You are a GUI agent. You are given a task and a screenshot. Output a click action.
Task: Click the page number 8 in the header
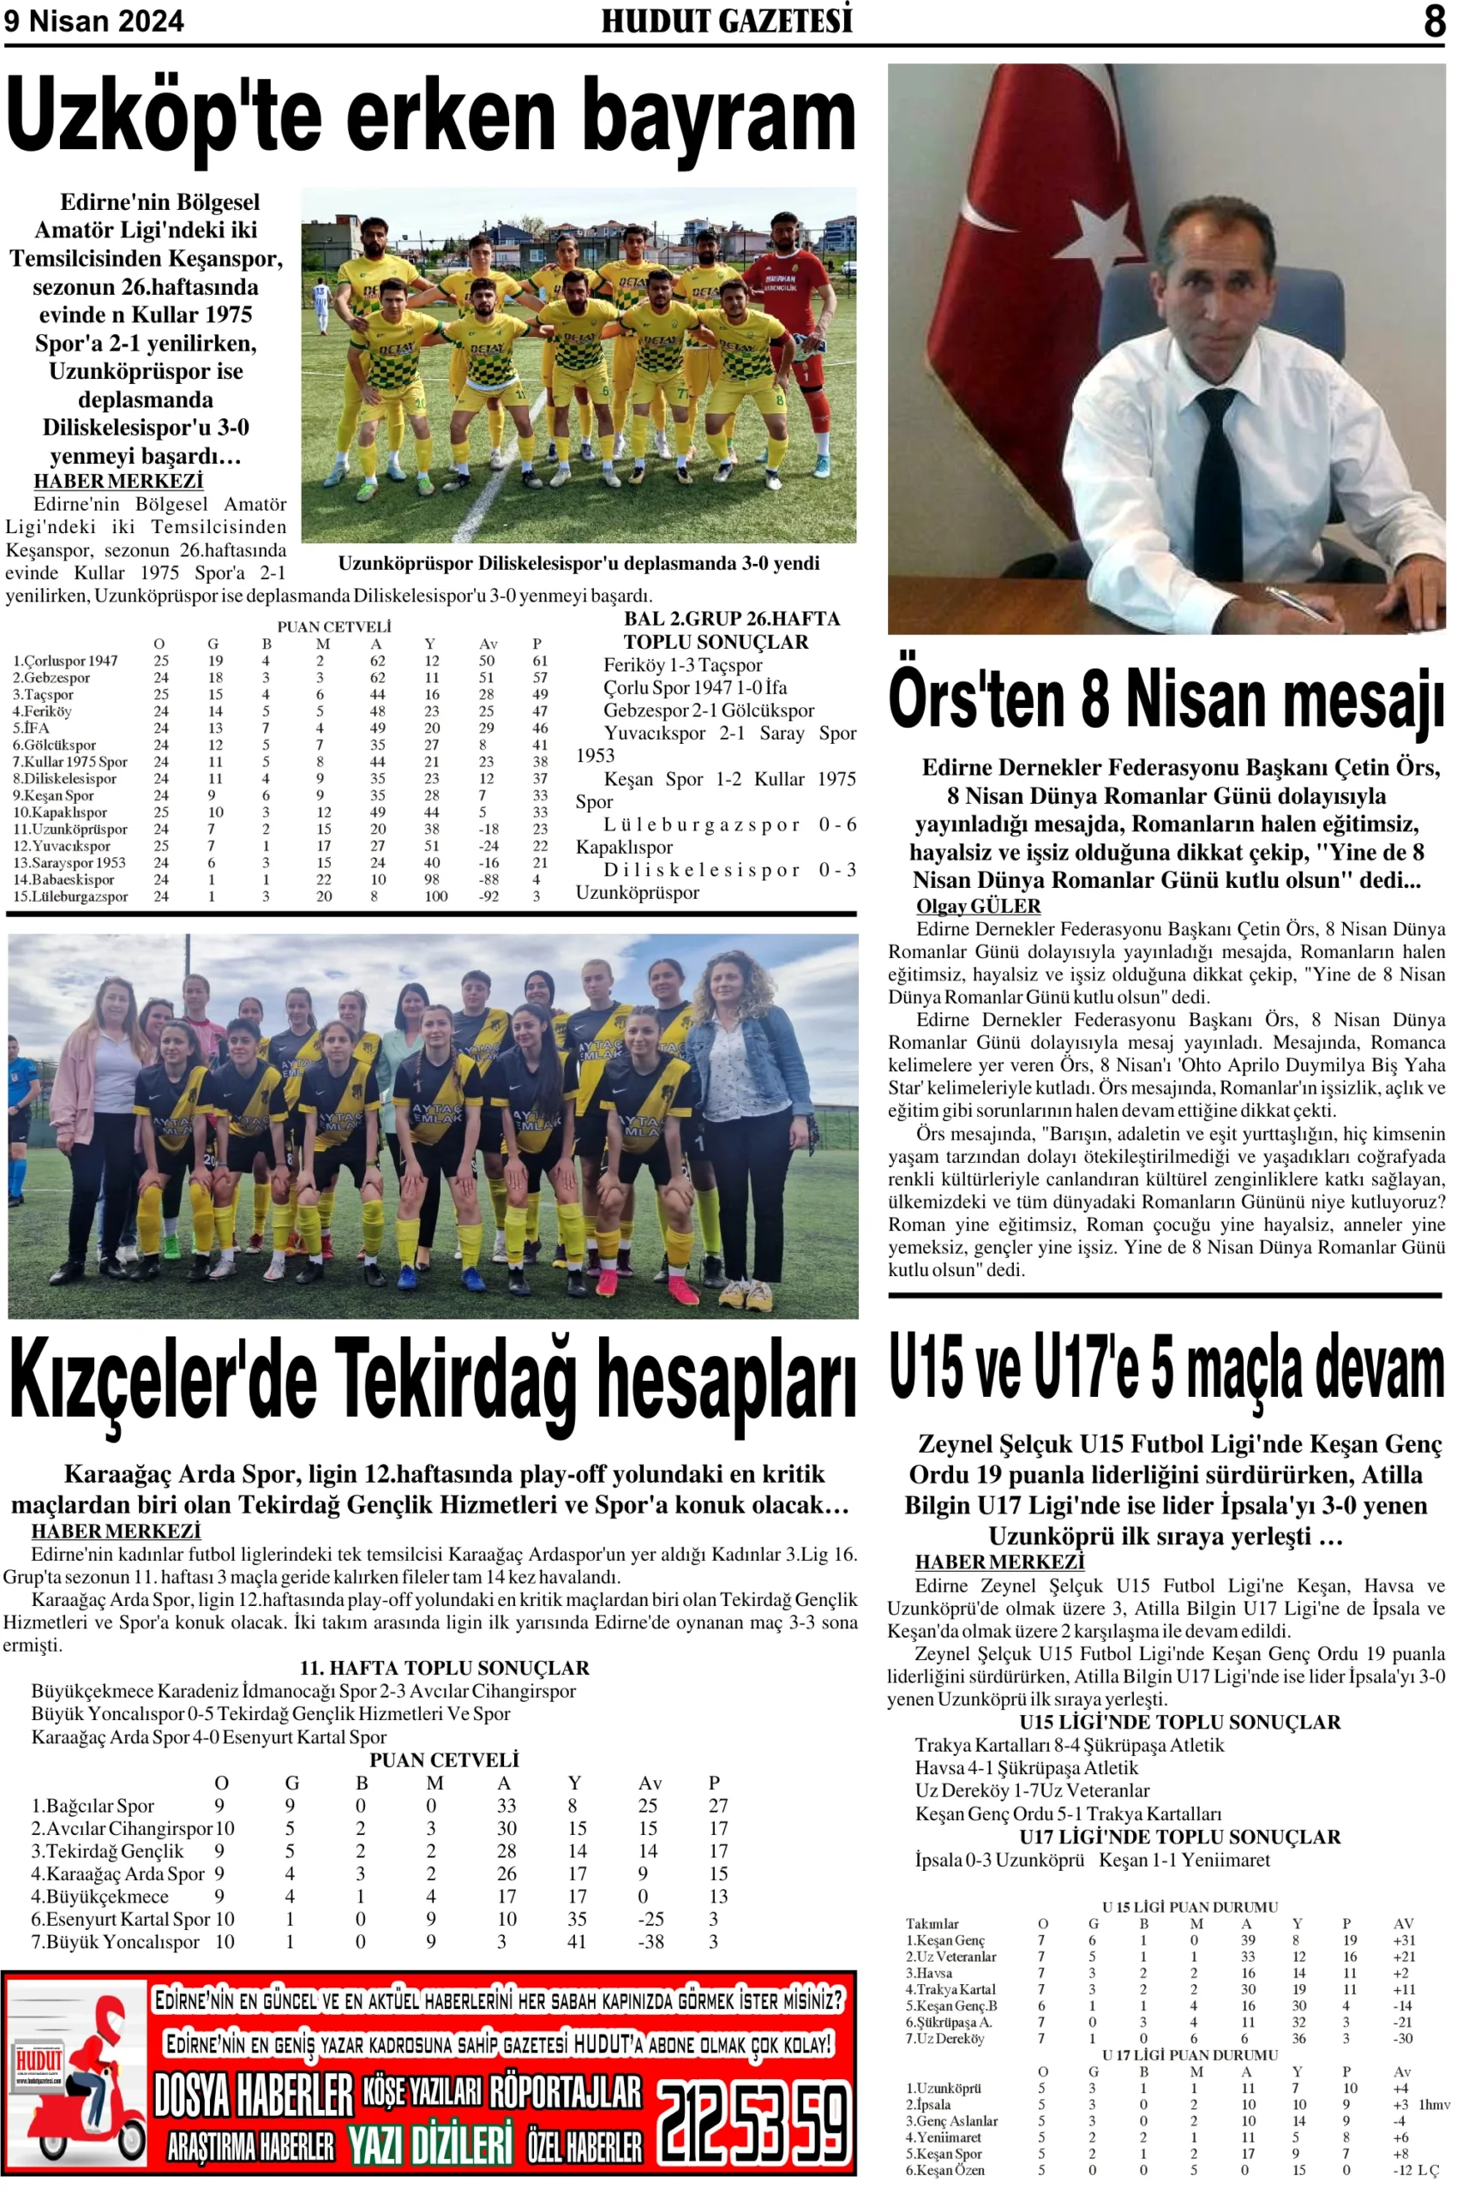coord(1434,20)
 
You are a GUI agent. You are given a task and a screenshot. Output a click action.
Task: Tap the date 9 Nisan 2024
coord(94,21)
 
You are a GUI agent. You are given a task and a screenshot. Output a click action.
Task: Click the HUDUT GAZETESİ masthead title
coord(726,21)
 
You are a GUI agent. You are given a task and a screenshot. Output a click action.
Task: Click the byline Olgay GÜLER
coord(978,906)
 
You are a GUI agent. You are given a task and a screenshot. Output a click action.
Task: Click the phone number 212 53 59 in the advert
coord(753,2124)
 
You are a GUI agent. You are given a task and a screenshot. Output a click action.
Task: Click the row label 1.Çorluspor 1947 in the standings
coord(65,661)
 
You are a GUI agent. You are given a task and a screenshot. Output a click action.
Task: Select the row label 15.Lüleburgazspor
coord(71,896)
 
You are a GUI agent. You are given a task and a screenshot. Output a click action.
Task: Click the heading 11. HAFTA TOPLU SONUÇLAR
coord(444,1667)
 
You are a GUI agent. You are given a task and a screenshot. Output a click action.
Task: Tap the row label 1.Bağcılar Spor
coord(93,1805)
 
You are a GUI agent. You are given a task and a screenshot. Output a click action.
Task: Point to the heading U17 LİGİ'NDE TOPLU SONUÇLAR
coord(1179,1837)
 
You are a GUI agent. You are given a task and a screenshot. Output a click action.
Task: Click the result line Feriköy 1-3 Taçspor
coord(682,665)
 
